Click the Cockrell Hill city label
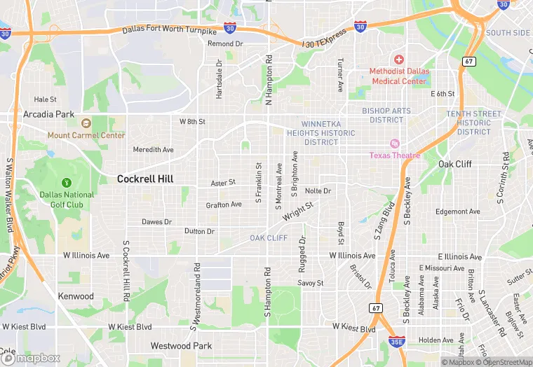(144, 179)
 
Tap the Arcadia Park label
(48, 114)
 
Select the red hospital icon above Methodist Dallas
(399, 60)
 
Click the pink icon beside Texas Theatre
(394, 143)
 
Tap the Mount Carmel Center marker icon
(86, 124)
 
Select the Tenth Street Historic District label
(474, 123)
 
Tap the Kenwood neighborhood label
(76, 296)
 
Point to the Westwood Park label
(181, 346)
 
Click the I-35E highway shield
(396, 341)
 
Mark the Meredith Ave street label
(154, 150)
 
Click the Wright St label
(297, 213)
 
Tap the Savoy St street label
(310, 283)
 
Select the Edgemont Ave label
(457, 212)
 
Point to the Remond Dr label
(225, 43)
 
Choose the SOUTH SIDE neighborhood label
(508, 33)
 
